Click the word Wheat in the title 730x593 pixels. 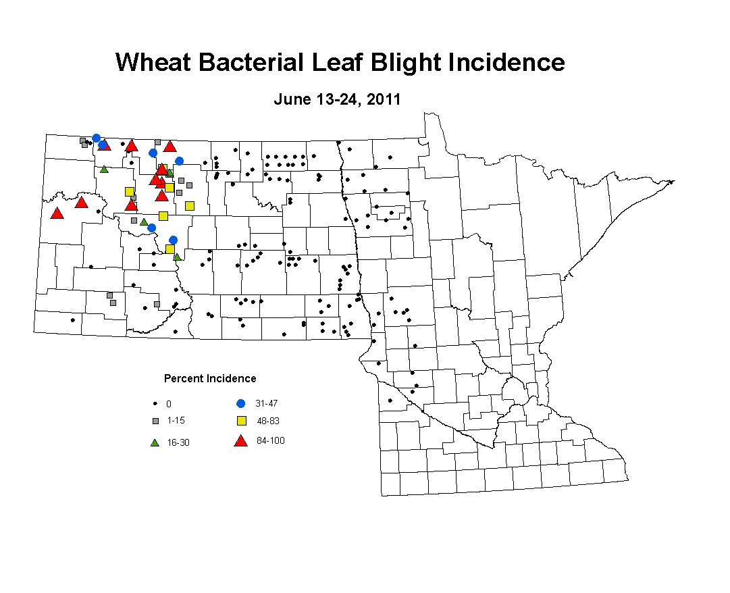(x=153, y=62)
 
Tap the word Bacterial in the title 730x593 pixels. (x=251, y=62)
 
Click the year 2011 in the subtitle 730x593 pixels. (x=384, y=99)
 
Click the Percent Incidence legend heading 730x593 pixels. (x=210, y=378)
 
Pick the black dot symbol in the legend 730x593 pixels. (x=155, y=404)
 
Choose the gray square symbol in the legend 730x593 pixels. (x=155, y=421)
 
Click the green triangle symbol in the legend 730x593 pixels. (x=155, y=442)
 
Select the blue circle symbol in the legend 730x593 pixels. (x=240, y=404)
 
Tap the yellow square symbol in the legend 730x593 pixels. (x=242, y=421)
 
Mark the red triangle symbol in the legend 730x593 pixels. (x=240, y=441)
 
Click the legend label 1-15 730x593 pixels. (x=176, y=420)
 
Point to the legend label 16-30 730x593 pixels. (x=178, y=442)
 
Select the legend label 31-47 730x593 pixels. (x=266, y=404)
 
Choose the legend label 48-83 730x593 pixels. (x=268, y=421)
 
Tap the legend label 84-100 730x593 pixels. (x=271, y=441)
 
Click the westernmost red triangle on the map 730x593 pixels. (x=57, y=213)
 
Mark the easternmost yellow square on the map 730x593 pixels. (x=190, y=206)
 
